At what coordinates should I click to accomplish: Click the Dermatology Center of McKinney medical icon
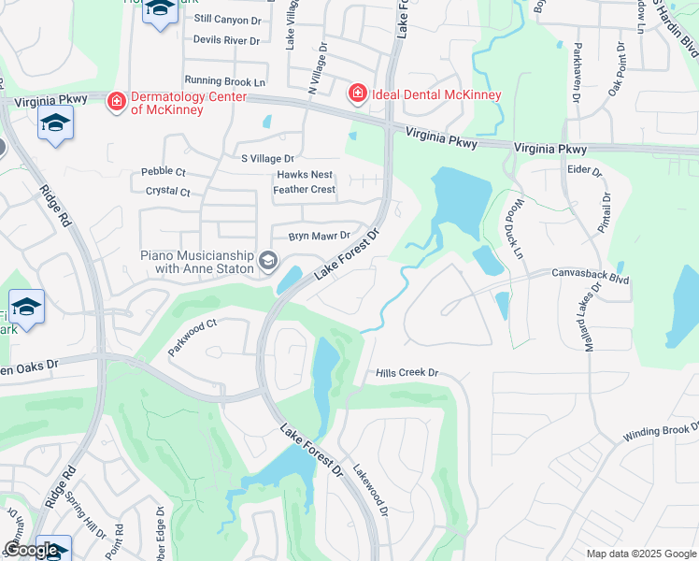coord(116,100)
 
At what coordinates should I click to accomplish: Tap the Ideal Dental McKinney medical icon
coord(357,93)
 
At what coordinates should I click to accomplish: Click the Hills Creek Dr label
coord(407,372)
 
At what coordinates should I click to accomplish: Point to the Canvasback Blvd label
coord(592,278)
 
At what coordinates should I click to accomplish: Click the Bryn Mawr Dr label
coord(319,236)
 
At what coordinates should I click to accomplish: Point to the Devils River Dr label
coord(226,40)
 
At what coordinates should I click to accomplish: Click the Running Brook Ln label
coord(225,81)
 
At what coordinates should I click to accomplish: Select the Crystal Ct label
coord(167,192)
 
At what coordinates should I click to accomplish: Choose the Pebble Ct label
coord(164,172)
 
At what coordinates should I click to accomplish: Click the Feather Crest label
coord(304,189)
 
